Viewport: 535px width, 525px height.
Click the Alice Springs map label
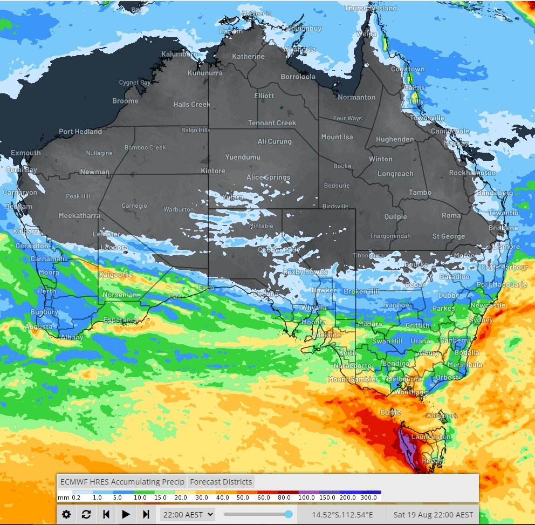(x=268, y=177)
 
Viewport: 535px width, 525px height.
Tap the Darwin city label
(x=231, y=31)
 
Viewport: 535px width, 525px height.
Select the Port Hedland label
(x=80, y=132)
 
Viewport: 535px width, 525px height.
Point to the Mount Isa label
(x=337, y=137)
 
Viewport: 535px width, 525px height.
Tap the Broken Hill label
(x=362, y=291)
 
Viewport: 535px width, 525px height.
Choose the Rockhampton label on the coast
(x=472, y=173)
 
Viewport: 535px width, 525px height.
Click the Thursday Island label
(x=371, y=8)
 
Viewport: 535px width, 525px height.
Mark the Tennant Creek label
(x=272, y=123)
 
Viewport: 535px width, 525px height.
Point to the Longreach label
(x=395, y=174)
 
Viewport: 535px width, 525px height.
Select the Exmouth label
(x=25, y=153)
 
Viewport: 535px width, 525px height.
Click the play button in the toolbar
(x=126, y=514)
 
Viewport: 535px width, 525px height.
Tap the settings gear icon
(x=66, y=514)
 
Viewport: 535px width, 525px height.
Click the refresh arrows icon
(x=86, y=514)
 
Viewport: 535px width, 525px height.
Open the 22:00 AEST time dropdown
(x=188, y=514)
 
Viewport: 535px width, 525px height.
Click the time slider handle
(x=289, y=514)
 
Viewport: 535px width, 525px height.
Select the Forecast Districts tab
(x=221, y=482)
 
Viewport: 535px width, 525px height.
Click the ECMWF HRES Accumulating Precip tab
(x=122, y=482)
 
